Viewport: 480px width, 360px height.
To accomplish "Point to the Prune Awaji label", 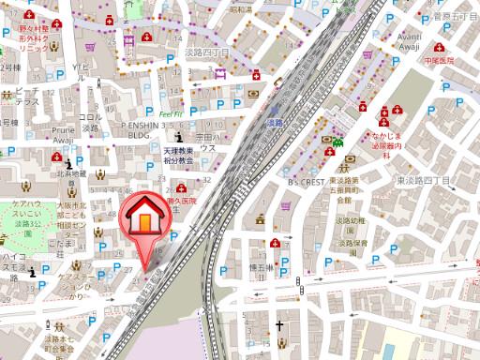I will [x=63, y=135].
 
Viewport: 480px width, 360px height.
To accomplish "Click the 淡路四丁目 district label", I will [x=208, y=53].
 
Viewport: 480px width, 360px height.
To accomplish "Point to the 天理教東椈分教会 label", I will [x=174, y=155].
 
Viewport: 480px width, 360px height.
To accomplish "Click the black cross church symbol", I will [x=278, y=327].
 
